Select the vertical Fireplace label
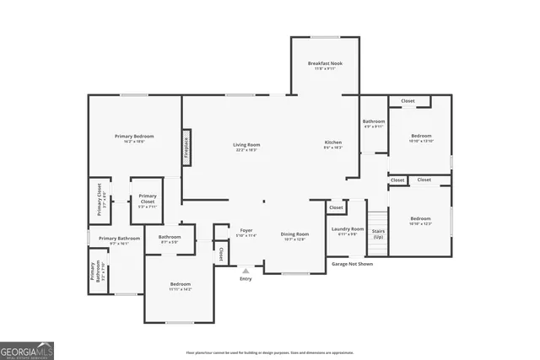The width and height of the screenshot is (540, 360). click(186, 148)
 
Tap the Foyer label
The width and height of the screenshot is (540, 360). click(246, 230)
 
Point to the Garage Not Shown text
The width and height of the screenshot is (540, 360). click(351, 264)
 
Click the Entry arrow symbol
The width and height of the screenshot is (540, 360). click(246, 271)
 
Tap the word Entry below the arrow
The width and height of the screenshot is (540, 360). click(246, 279)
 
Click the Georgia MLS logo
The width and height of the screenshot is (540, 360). click(27, 347)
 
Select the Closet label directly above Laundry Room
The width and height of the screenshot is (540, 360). click(336, 207)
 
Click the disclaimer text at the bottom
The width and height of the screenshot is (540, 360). click(269, 352)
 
